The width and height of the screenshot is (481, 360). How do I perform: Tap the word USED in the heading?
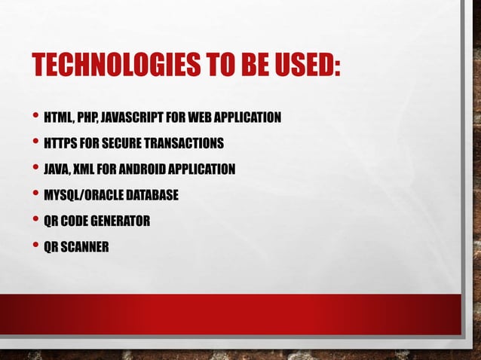pos(301,66)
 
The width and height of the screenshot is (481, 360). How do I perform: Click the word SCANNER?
pos(84,246)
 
